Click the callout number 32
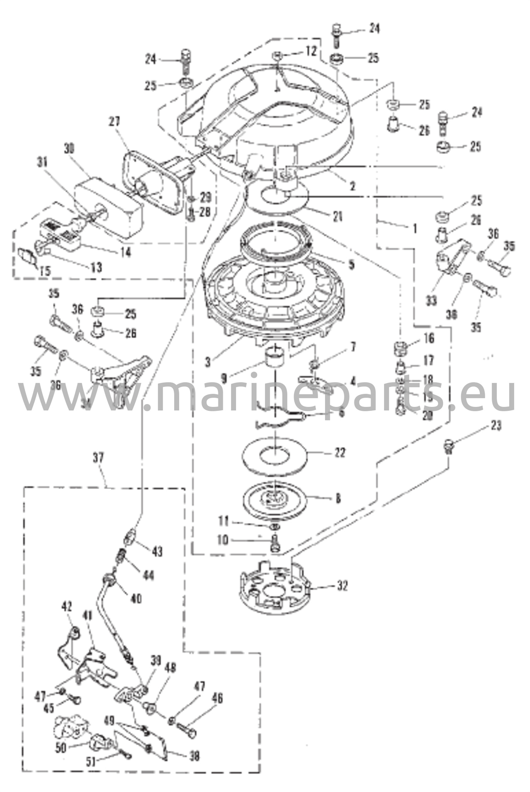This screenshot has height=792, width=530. click(x=342, y=586)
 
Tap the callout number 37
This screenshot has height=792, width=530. click(x=99, y=458)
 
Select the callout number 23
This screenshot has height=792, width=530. click(x=496, y=426)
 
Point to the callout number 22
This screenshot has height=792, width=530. click(x=340, y=452)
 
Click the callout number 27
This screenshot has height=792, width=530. click(x=115, y=121)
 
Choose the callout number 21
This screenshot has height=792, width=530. click(x=338, y=216)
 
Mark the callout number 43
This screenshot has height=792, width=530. click(x=157, y=551)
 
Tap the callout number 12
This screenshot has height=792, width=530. click(x=311, y=51)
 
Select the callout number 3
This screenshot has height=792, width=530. click(x=208, y=362)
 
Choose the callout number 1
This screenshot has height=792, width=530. click(x=415, y=228)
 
